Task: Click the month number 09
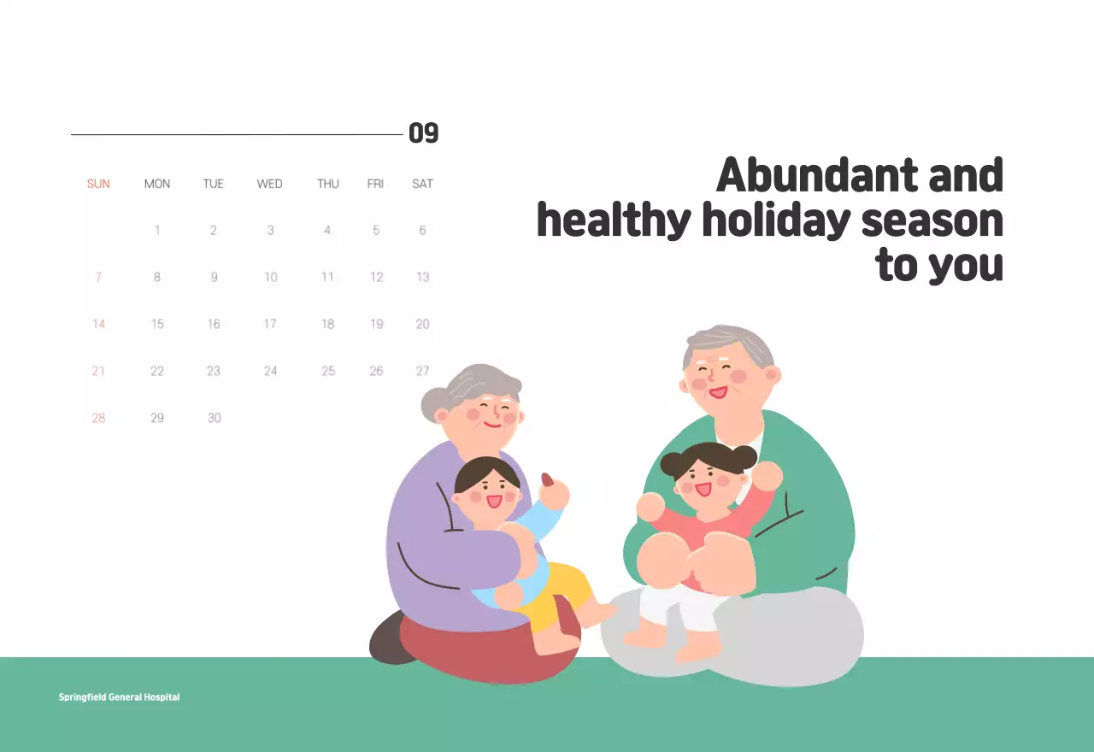pos(423,133)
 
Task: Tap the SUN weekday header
pos(98,184)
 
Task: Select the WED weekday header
pos(269,184)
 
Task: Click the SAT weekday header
pos(422,184)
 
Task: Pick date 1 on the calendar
pos(157,230)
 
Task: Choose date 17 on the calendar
pos(270,324)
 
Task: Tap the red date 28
pos(98,418)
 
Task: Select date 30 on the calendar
pos(214,418)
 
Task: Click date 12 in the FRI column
pos(376,277)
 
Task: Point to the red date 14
pos(98,324)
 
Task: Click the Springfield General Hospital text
pos(119,697)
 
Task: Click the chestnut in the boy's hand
pos(548,480)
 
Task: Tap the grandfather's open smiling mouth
pos(716,393)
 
